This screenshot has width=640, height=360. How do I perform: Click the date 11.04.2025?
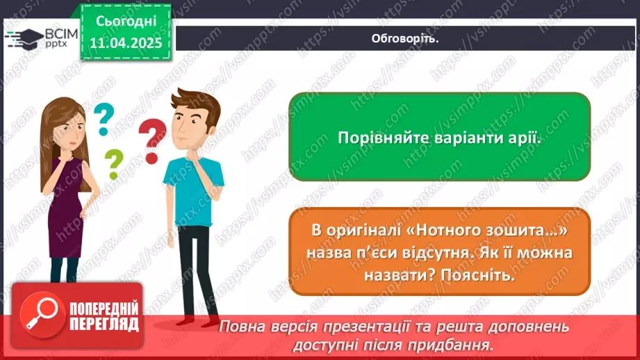[126, 42]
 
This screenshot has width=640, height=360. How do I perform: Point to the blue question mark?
[103, 118]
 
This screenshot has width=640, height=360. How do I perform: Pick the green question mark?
[113, 164]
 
